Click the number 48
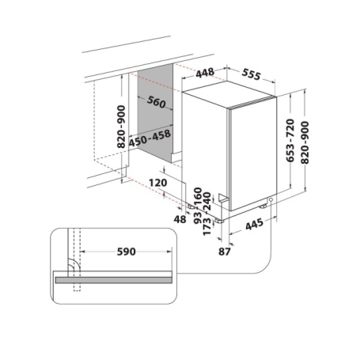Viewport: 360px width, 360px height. coord(180,218)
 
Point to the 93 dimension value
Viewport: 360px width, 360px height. coord(197,214)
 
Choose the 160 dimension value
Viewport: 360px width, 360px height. coord(197,195)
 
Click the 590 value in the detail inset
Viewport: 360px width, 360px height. coord(126,252)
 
